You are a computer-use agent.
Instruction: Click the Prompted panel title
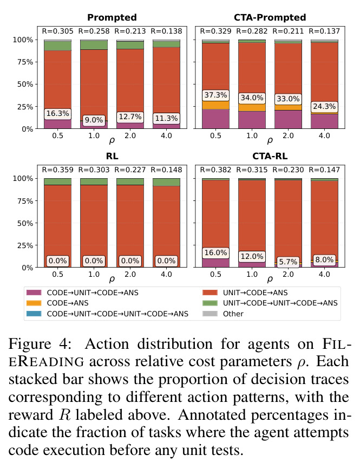coord(112,17)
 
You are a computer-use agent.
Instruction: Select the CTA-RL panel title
coord(270,156)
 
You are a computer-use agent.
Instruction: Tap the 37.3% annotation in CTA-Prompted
coord(215,95)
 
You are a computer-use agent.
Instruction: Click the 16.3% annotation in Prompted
coord(57,113)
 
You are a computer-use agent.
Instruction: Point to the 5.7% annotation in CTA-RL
coord(288,262)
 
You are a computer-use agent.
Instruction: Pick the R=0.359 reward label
coord(57,170)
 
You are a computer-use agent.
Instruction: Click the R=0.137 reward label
coord(324,31)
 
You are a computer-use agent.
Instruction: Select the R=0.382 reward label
coord(215,170)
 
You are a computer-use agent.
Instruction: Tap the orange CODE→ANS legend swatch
coord(34,303)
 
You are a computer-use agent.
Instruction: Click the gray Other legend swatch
coord(210,314)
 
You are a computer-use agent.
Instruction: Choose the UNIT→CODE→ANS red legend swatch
coord(210,293)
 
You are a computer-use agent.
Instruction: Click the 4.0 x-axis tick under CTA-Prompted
coord(324,135)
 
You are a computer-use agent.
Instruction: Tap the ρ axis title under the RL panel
coord(112,279)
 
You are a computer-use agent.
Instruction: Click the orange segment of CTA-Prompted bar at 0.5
coord(215,105)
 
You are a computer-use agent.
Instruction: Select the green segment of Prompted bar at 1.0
coord(94,45)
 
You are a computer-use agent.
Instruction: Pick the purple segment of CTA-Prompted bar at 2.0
coord(288,119)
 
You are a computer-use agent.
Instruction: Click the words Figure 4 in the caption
coord(40,344)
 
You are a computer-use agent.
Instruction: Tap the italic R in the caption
coord(65,415)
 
